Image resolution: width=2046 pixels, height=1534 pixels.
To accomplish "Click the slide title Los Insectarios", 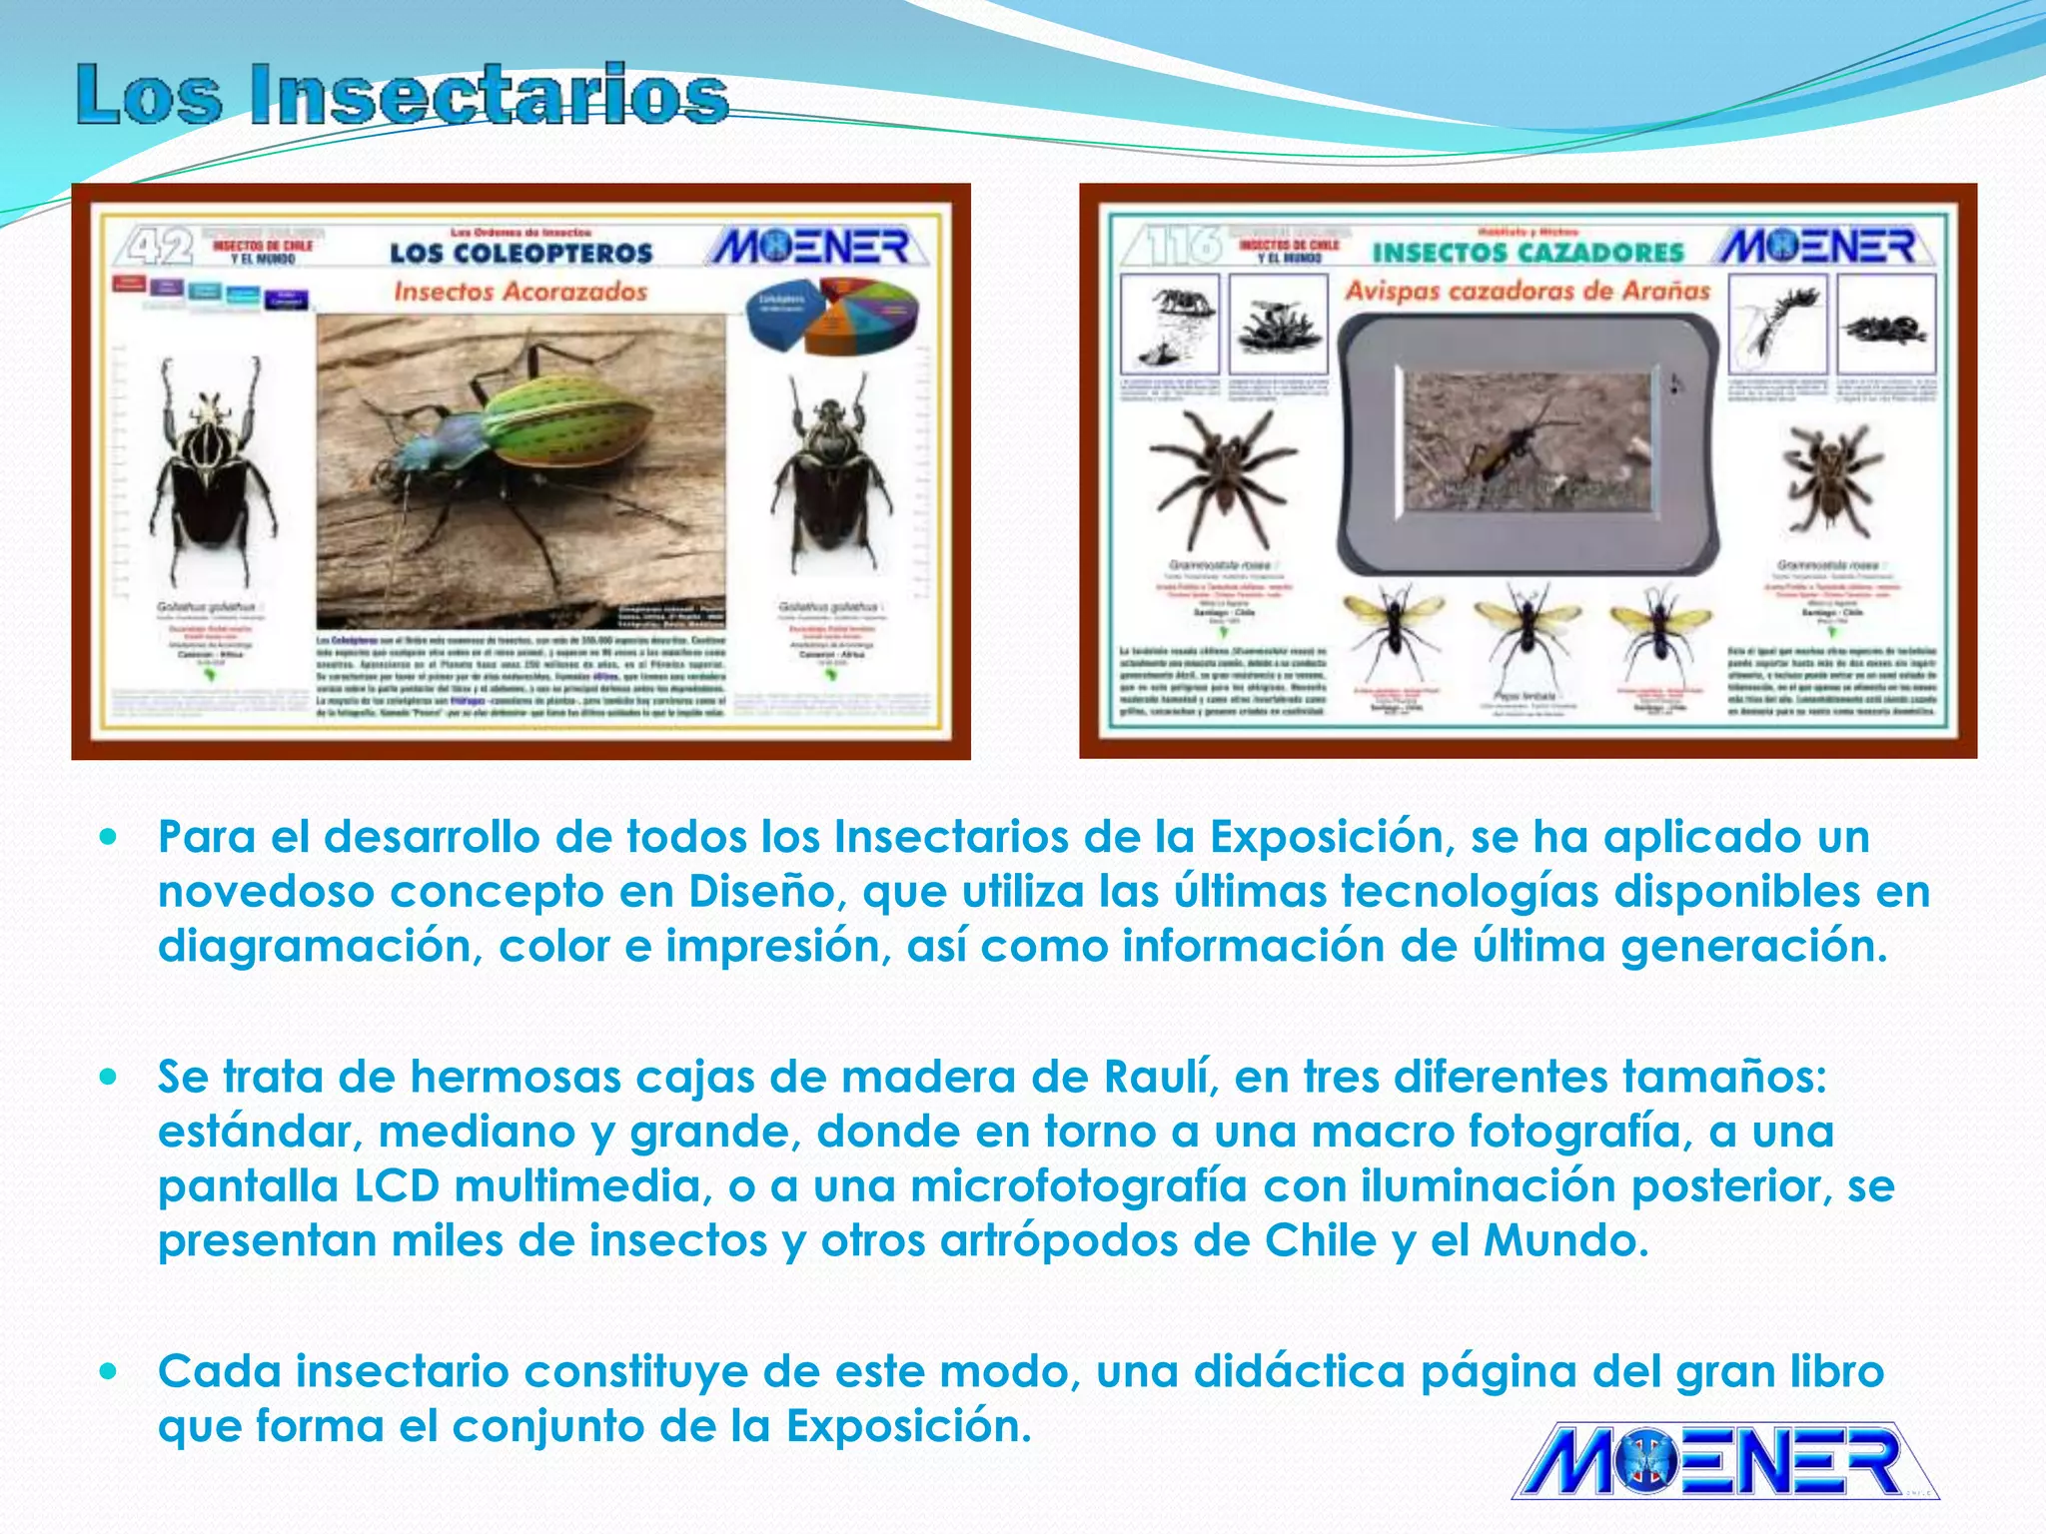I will [x=402, y=95].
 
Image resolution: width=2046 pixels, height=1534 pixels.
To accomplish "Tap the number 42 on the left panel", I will [x=157, y=246].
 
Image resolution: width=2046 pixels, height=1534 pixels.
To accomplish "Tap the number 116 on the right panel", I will [x=1175, y=246].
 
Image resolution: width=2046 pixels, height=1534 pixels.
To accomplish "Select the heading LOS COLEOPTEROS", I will [x=520, y=253].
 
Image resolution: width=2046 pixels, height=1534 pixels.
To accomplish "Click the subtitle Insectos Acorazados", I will [x=520, y=292].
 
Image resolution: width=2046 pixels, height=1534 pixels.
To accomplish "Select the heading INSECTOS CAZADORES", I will [x=1528, y=252].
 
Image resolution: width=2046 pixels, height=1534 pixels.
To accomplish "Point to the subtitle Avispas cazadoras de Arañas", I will [x=1528, y=291].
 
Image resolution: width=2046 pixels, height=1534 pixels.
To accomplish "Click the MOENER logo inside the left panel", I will [x=811, y=246].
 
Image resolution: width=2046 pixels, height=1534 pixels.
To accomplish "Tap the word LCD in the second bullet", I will [x=397, y=1186].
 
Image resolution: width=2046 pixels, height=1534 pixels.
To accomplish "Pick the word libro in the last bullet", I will [x=1836, y=1371].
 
